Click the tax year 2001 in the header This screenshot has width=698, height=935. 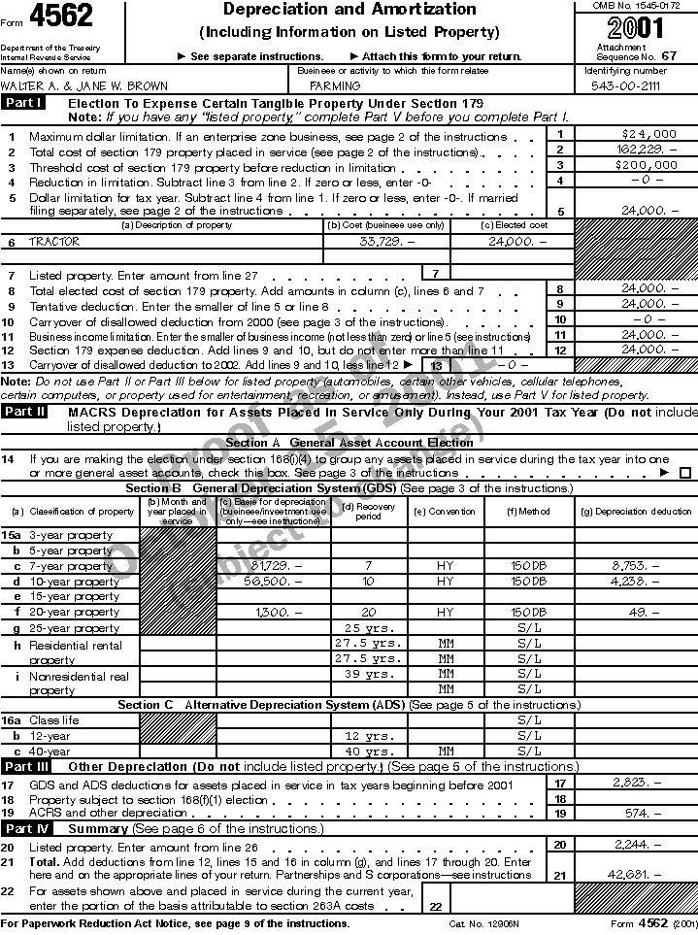pyautogui.click(x=638, y=27)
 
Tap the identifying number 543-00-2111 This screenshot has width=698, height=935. pyautogui.click(x=625, y=85)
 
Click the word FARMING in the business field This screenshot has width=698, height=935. pyautogui.click(x=335, y=85)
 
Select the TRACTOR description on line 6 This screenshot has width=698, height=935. pyautogui.click(x=54, y=242)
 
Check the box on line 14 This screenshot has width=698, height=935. pyautogui.click(x=685, y=473)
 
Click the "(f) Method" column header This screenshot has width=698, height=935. pyautogui.click(x=528, y=511)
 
